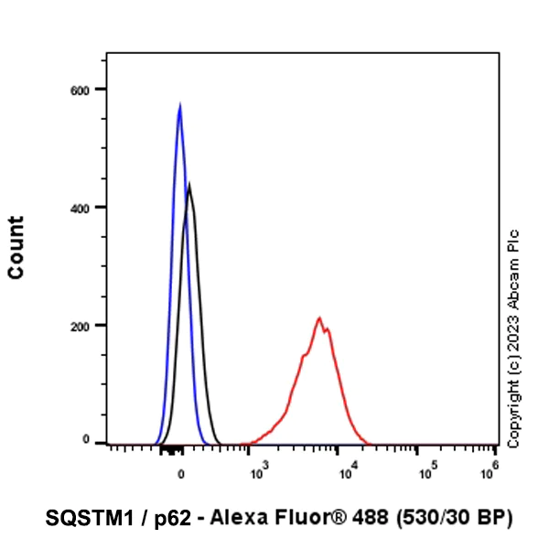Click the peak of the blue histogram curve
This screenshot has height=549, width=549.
(179, 106)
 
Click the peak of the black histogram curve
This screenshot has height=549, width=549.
(189, 185)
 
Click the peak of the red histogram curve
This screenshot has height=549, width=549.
(319, 318)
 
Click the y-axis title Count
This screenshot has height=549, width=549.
(16, 248)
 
